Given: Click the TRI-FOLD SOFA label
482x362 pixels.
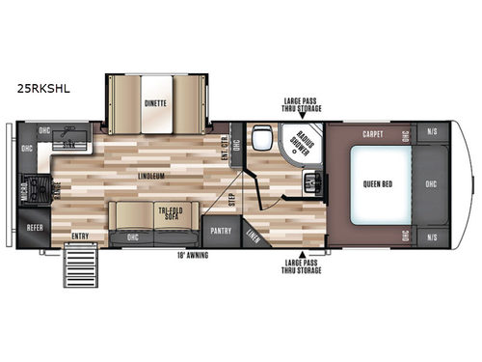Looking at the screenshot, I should [x=171, y=214].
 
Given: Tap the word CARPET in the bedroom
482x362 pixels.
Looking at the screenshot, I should [x=374, y=133].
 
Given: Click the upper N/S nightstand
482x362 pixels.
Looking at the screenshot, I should [x=431, y=133].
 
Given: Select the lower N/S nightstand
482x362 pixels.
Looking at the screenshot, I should [x=431, y=235].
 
